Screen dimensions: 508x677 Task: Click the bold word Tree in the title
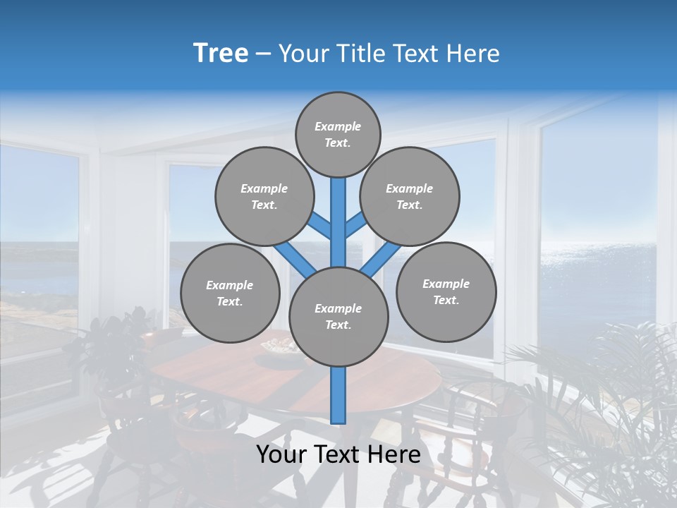click(221, 53)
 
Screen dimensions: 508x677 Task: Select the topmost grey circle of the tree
click(338, 134)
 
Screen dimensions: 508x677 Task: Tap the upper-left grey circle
click(264, 196)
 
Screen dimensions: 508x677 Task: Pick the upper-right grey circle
click(410, 196)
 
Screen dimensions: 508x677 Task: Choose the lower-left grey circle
click(230, 293)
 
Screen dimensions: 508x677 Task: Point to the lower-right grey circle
click(446, 291)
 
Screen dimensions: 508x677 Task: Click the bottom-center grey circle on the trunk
click(338, 316)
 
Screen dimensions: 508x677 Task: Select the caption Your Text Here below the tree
click(338, 454)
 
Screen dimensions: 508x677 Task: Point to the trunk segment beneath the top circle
click(338, 212)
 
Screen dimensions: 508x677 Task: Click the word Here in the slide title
click(473, 54)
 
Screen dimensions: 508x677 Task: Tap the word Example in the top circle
click(338, 126)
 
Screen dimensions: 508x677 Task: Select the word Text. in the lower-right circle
click(446, 300)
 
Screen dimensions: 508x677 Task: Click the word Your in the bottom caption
click(281, 454)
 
